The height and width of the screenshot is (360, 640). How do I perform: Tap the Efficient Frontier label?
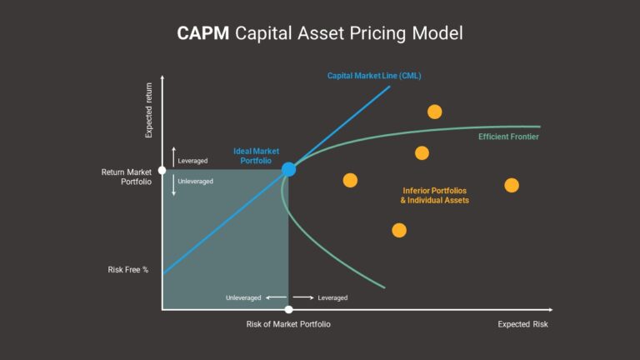point(508,137)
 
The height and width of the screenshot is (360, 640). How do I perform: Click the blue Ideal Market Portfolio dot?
point(288,170)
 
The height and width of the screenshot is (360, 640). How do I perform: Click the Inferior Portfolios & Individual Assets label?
point(434,196)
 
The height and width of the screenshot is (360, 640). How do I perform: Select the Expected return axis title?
point(149,108)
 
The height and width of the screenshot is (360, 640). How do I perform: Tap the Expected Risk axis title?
point(523,324)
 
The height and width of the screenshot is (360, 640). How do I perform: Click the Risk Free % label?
point(127,269)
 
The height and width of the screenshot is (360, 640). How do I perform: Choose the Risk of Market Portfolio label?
point(288,324)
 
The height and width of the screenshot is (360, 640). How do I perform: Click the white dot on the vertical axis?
point(162,170)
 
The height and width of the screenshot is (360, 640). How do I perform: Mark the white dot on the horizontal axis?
point(288,310)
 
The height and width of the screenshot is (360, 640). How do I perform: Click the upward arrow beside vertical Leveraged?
point(173,156)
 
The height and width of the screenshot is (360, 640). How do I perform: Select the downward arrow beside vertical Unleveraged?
point(173,185)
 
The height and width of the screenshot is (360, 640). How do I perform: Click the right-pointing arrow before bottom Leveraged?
point(302,297)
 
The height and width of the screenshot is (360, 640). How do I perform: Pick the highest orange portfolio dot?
point(434,112)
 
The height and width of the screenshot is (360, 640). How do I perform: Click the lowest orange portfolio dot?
point(399,230)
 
